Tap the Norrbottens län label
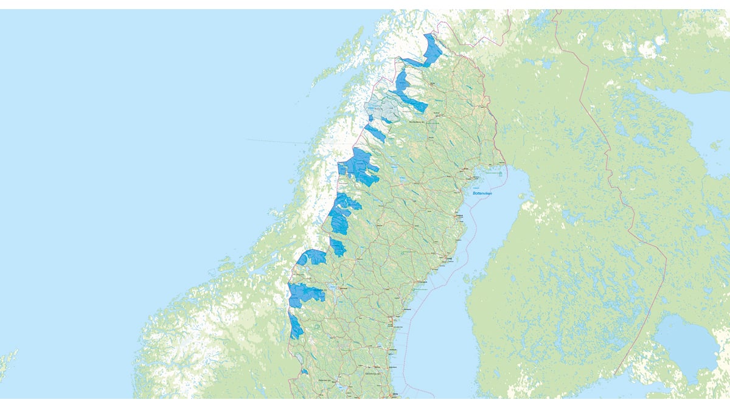(x=419, y=122)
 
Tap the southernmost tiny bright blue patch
(x=304, y=372)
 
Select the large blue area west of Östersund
(x=304, y=294)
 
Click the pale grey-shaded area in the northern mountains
(x=383, y=108)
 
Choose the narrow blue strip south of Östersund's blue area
(x=296, y=327)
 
